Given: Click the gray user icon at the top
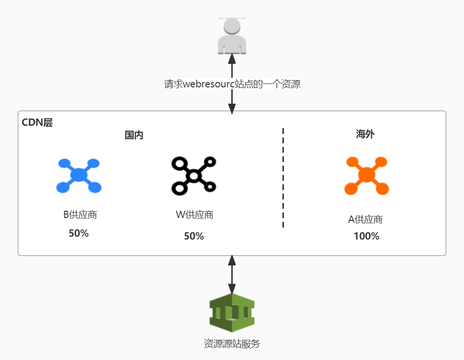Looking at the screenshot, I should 232,36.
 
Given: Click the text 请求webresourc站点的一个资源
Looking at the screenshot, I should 232,84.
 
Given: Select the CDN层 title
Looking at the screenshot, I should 37,122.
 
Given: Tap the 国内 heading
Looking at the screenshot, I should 134,135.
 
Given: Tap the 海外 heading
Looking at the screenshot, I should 365,134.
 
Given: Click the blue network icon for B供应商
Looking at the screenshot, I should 78,176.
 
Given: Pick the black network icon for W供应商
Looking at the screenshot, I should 194,176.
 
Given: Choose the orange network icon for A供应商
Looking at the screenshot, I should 366,176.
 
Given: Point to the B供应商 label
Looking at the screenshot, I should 80,215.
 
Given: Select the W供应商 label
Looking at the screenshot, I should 195,215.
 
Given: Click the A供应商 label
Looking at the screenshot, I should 366,219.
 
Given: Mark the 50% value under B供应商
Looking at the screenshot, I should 79,233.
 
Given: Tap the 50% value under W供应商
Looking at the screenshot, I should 194,236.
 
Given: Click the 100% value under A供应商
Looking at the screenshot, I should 366,236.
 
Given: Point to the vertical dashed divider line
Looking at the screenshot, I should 283,178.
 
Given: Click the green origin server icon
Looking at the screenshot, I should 232,313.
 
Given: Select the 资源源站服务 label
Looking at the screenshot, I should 232,344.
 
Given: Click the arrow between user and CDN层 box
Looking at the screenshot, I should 232,101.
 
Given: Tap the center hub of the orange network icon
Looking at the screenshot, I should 366,175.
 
